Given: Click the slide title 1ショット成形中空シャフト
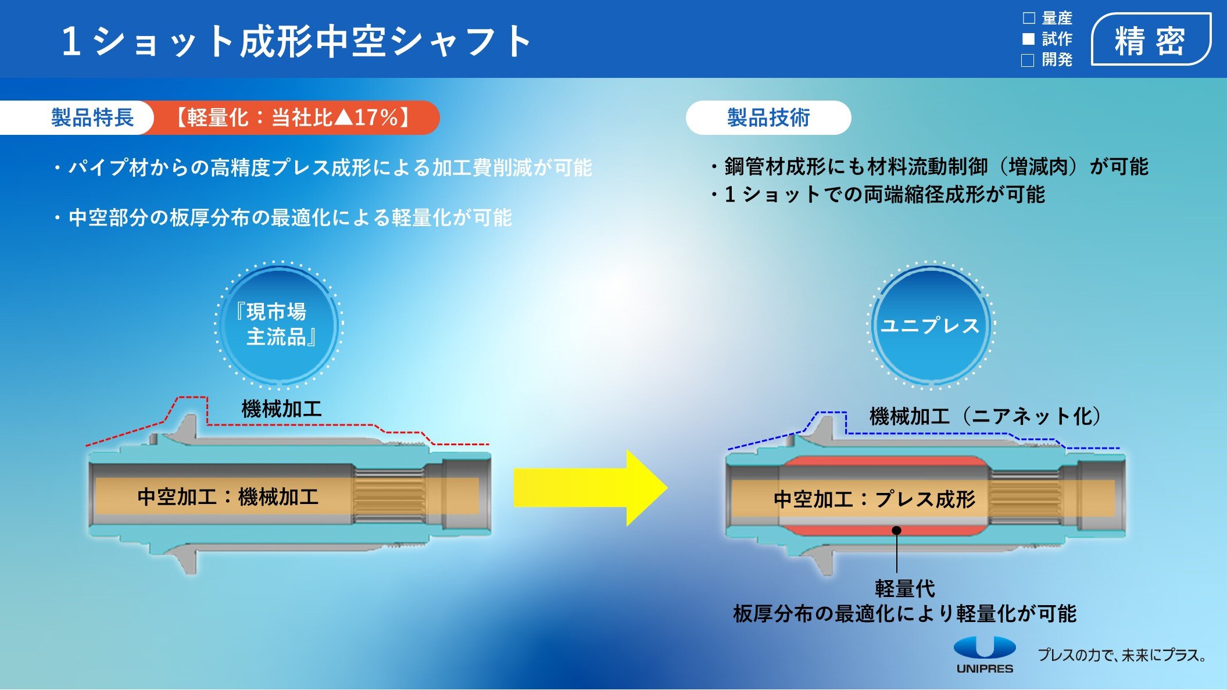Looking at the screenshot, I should (296, 42).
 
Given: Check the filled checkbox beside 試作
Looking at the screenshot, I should (1029, 39).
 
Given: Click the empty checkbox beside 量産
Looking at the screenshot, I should (1029, 18).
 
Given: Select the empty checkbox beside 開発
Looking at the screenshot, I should (1028, 60).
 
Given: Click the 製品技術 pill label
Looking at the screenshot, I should (768, 117).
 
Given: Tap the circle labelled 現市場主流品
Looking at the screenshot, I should (278, 324).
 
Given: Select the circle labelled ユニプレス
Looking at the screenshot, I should (930, 326).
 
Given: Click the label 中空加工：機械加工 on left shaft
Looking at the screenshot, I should (228, 497).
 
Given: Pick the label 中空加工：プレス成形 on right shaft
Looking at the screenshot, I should (874, 499).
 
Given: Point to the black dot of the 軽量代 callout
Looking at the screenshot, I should (897, 530).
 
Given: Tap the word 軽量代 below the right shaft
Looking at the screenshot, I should (905, 589).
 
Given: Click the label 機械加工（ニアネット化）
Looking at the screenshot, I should (985, 416).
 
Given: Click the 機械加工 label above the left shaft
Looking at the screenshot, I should (281, 409).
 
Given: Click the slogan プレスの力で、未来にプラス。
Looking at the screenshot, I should (1122, 655).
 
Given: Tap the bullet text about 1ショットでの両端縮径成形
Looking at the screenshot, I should (883, 195).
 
